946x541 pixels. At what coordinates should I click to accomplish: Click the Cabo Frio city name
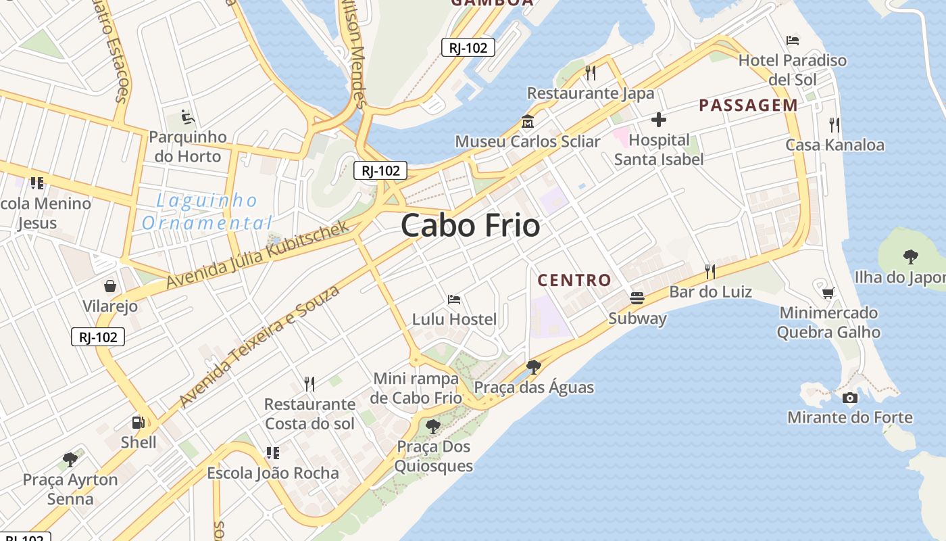[x=471, y=226]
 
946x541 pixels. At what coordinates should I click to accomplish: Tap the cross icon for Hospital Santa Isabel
[x=658, y=120]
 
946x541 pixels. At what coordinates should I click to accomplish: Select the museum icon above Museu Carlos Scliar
[x=527, y=122]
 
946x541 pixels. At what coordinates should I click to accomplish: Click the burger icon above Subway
[x=637, y=298]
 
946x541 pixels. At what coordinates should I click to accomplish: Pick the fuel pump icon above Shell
[x=138, y=423]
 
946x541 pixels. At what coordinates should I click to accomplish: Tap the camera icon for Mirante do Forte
[x=849, y=398]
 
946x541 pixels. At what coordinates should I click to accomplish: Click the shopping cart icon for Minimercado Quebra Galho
[x=828, y=293]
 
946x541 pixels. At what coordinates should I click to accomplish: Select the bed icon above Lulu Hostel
[x=454, y=299]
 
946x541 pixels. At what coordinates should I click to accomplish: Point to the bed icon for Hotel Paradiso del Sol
[x=793, y=41]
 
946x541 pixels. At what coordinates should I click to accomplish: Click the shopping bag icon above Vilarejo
[x=110, y=286]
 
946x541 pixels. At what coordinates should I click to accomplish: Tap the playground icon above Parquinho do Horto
[x=187, y=117]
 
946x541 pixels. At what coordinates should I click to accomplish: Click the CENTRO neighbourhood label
[x=574, y=280]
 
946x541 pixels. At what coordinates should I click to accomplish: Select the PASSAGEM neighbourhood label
[x=748, y=105]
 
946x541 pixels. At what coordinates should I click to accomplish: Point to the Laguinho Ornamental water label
[x=206, y=212]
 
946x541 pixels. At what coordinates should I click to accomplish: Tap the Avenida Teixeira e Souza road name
[x=259, y=347]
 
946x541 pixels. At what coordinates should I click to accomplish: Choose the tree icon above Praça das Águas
[x=533, y=367]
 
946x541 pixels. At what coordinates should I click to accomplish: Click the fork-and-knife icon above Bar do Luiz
[x=709, y=272]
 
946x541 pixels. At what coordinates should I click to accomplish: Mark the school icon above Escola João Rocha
[x=272, y=453]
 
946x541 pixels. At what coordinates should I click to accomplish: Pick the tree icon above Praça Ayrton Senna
[x=70, y=460]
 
